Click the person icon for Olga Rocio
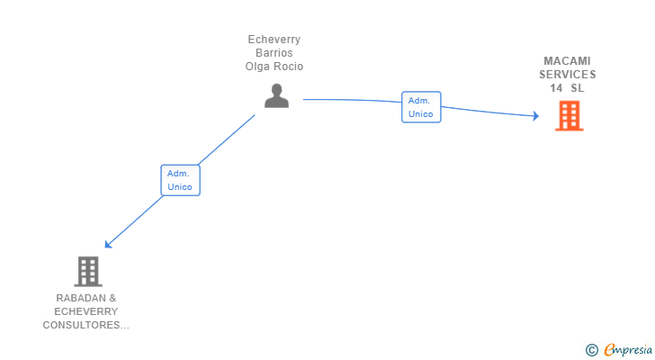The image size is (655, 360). pos(276,95)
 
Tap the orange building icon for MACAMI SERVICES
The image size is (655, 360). pos(569,116)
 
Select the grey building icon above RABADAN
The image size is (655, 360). pos(88,272)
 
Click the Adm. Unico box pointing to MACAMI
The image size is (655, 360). pos(421,107)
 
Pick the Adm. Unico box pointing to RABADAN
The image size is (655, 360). pos(181,180)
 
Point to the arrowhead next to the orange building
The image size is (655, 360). pos(536,116)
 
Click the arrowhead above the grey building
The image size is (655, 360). pos(108,244)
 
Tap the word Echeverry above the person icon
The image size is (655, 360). pos(274,40)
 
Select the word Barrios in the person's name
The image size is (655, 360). pos(274,53)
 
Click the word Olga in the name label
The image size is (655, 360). pos(256,67)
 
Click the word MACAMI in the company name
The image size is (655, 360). pos(567,61)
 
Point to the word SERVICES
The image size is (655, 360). pos(567,75)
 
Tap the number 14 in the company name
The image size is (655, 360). pos(556,88)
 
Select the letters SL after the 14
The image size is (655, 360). pos(578,88)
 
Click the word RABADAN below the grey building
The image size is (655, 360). pos(81,298)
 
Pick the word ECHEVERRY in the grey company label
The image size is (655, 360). pos(86,311)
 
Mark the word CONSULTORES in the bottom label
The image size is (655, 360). pos(81,325)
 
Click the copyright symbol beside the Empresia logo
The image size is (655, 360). pos(591,350)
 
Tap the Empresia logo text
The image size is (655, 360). pos(628,350)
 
